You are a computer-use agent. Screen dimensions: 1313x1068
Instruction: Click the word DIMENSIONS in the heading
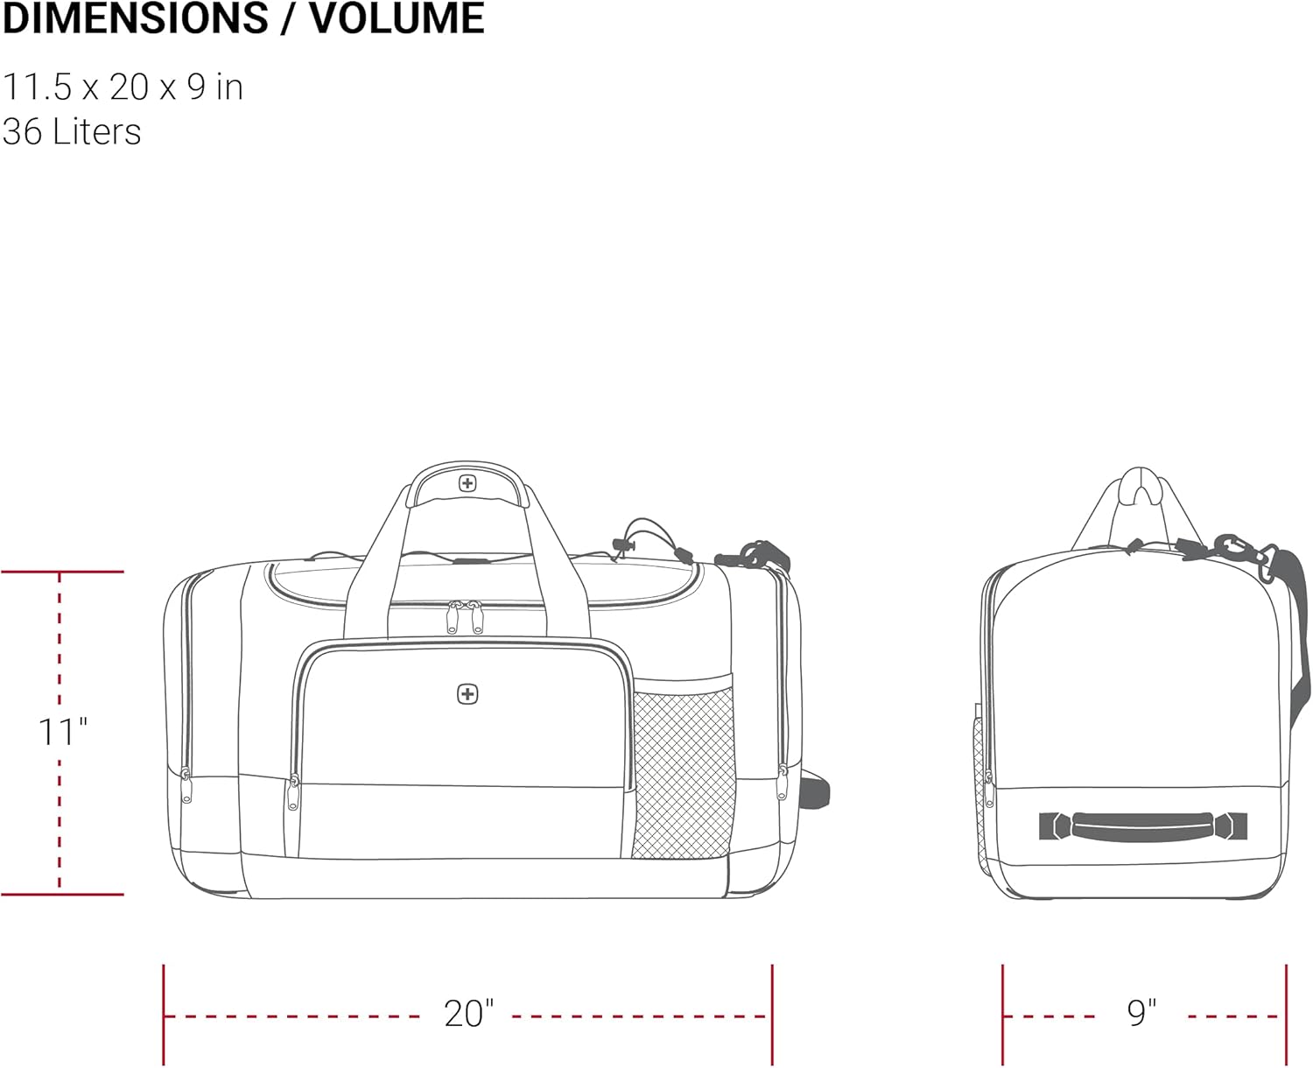pos(136,18)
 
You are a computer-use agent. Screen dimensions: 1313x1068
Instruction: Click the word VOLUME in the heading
pos(397,18)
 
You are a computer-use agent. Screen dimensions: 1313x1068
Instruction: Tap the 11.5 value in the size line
pos(37,87)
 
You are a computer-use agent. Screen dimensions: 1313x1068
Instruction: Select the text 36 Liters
pos(72,131)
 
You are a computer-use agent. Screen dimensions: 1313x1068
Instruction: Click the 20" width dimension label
pos(469,1013)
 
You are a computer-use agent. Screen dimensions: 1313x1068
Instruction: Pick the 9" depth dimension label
pos(1141,1013)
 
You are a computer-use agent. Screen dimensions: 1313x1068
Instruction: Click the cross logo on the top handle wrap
pos(467,483)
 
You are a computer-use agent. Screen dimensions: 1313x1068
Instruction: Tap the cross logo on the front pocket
pos(467,694)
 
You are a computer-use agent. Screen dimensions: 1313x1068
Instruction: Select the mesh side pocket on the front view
pos(683,773)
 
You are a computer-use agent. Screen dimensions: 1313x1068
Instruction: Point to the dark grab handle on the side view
pos(1143,826)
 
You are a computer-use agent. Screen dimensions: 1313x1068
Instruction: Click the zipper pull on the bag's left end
pos(186,785)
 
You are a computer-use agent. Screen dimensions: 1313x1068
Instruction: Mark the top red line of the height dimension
pos(62,572)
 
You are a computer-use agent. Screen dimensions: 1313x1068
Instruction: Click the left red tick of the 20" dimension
pos(164,1015)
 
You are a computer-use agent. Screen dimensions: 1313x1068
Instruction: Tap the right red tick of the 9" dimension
pos(1287,1015)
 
